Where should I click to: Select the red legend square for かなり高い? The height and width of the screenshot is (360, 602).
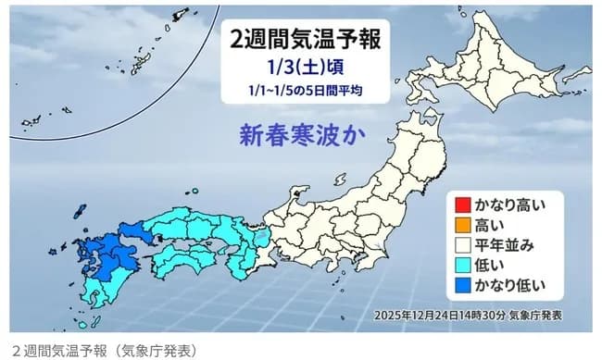(460, 203)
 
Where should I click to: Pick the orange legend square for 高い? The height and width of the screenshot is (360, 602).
(460, 223)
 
